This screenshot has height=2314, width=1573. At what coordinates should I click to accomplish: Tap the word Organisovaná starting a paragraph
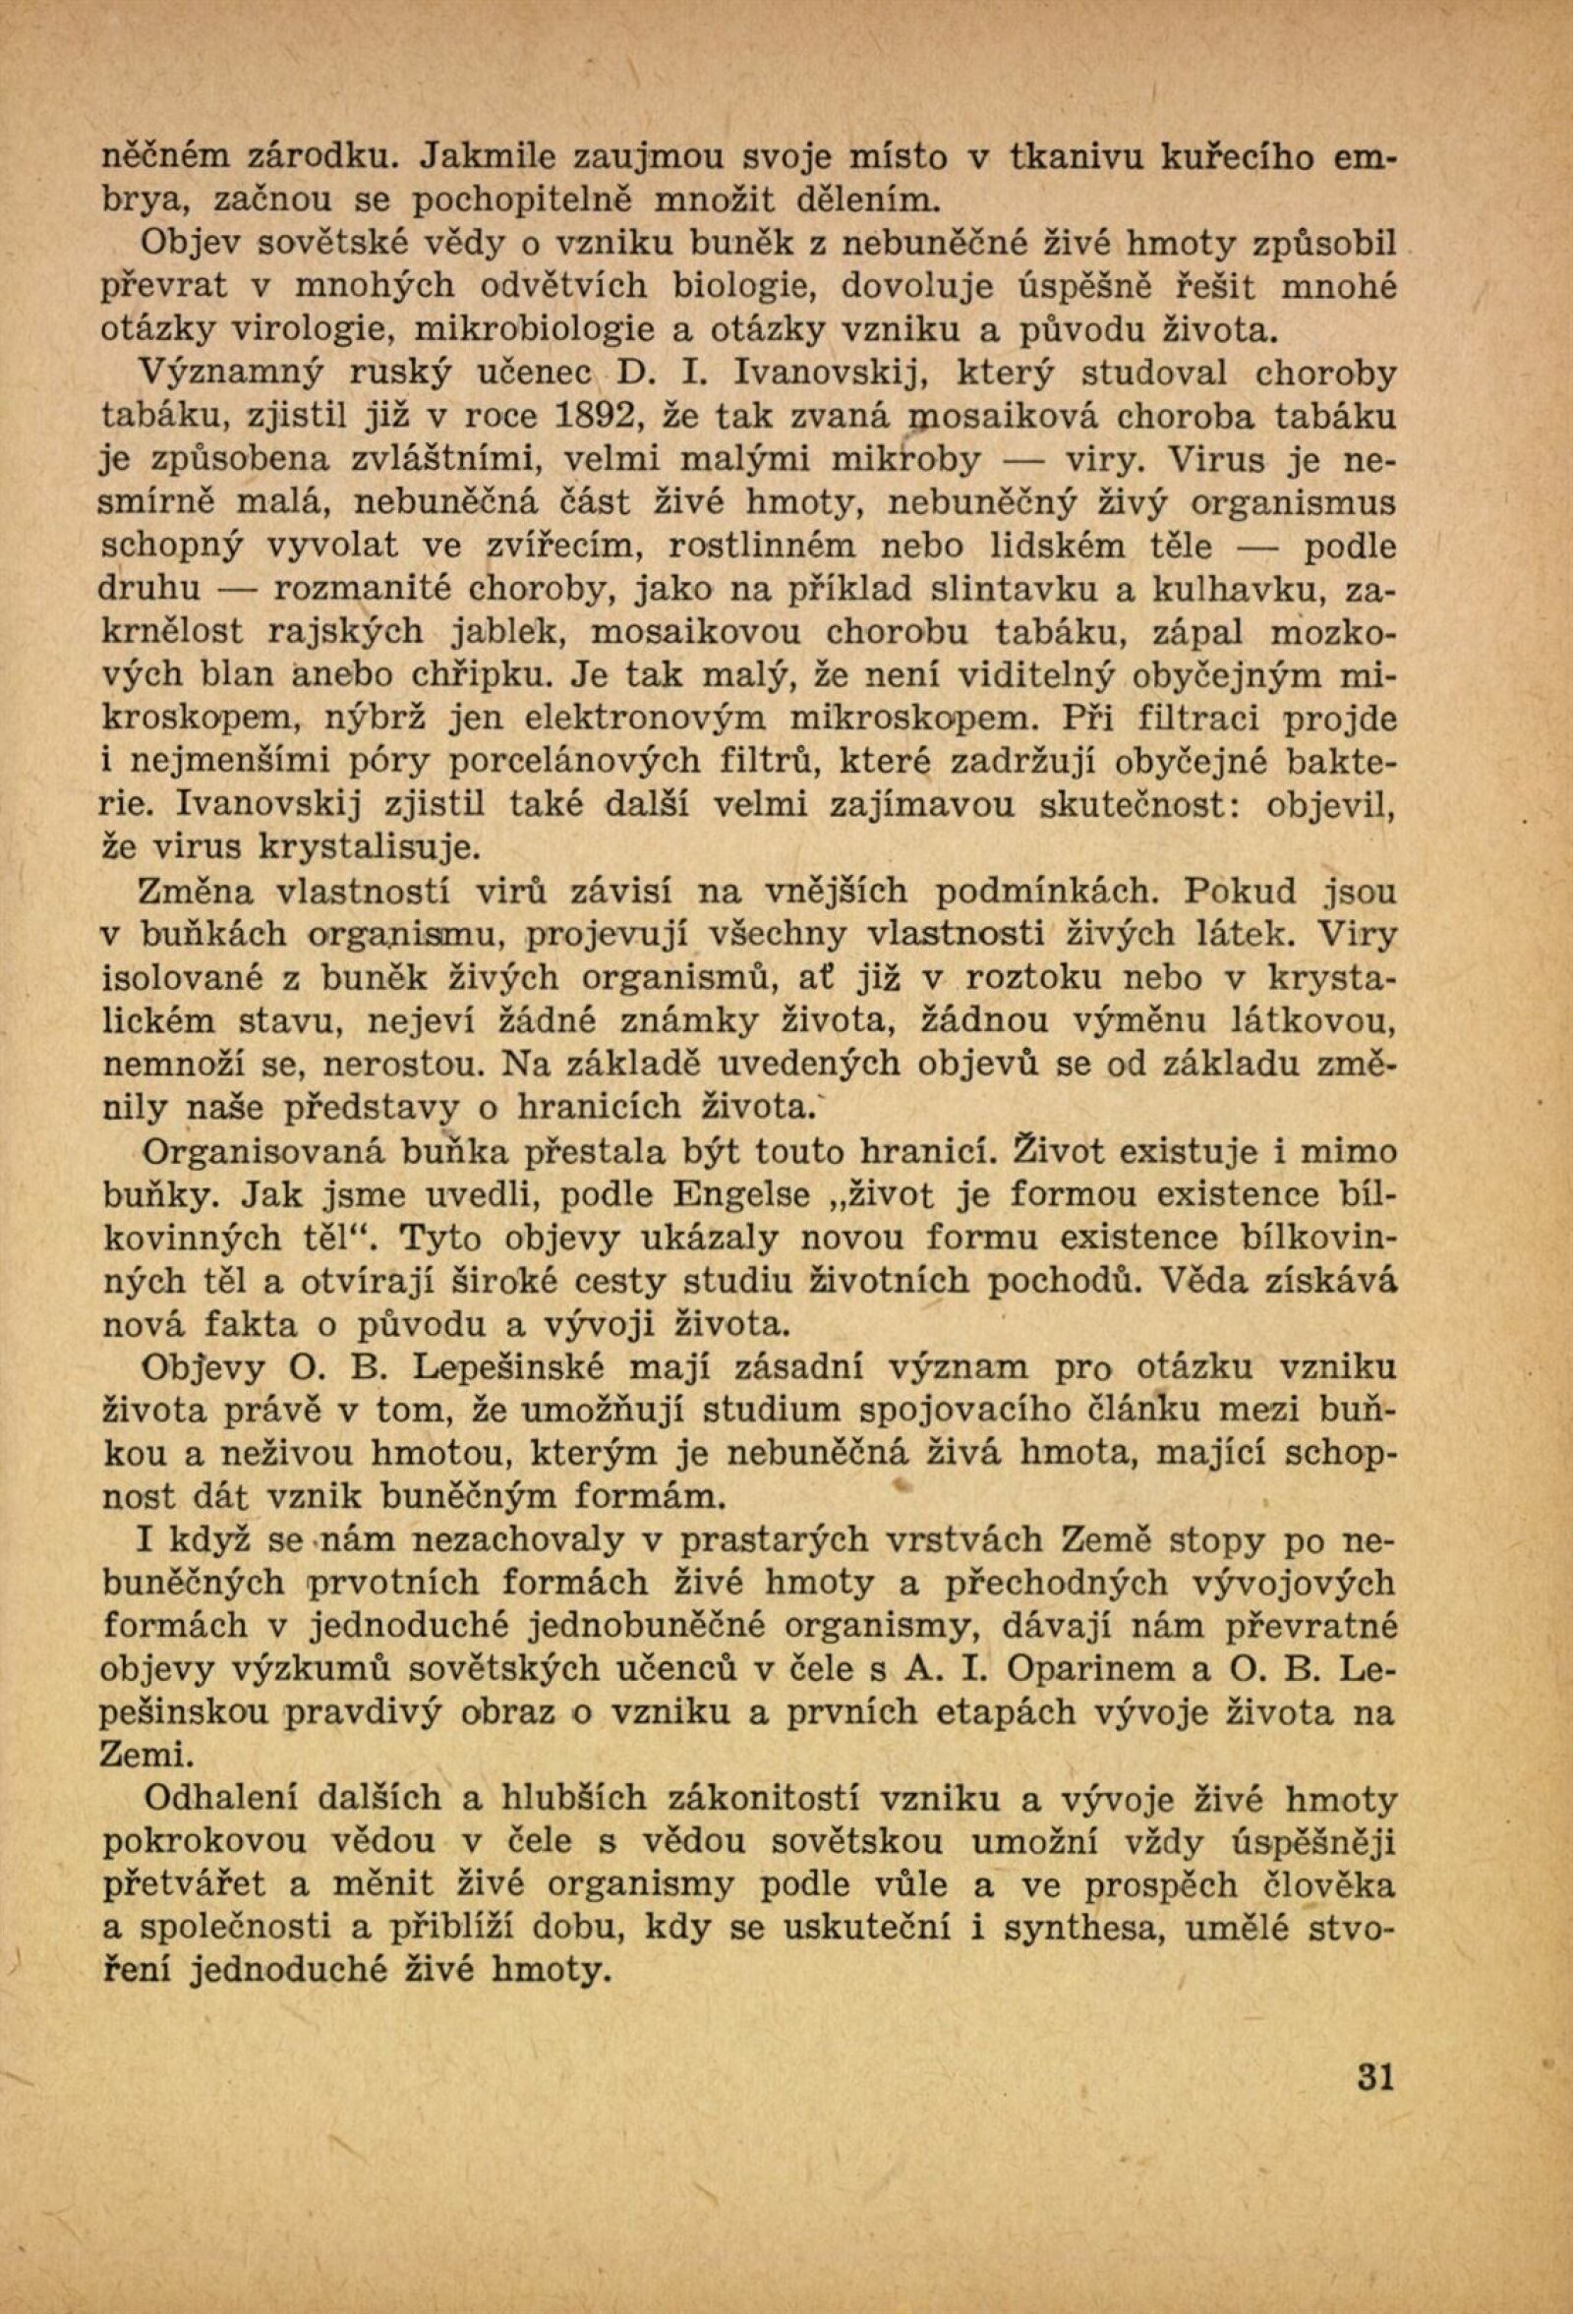point(257,1152)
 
